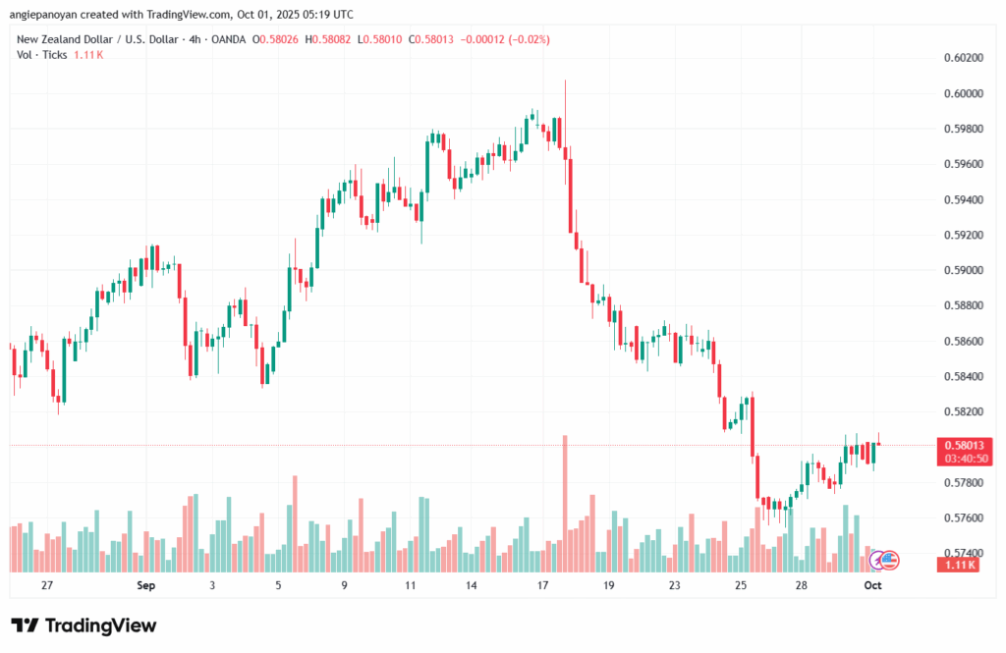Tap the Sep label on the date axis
pos(146,585)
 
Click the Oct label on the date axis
pos(872,585)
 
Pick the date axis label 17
pos(542,585)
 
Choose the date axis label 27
pos(46,585)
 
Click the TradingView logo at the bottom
pos(84,626)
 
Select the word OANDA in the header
pos(226,39)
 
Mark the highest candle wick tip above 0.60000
pos(566,82)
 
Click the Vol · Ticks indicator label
pos(42,55)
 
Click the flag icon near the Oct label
pos(888,561)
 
